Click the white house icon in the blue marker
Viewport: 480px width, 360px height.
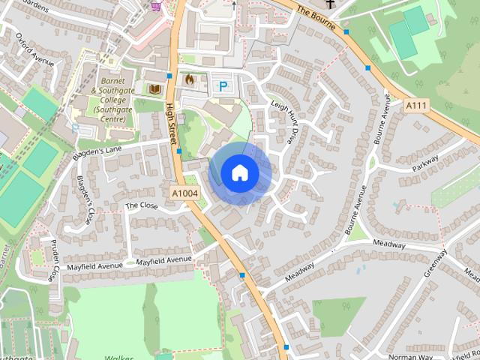(239, 172)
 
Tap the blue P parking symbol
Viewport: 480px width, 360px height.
(223, 86)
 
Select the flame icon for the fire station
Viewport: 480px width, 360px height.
(190, 78)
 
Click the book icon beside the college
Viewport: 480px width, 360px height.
(156, 90)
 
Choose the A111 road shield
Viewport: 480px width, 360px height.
(417, 106)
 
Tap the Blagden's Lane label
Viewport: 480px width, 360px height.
(97, 152)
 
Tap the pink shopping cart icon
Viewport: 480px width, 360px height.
(156, 6)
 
